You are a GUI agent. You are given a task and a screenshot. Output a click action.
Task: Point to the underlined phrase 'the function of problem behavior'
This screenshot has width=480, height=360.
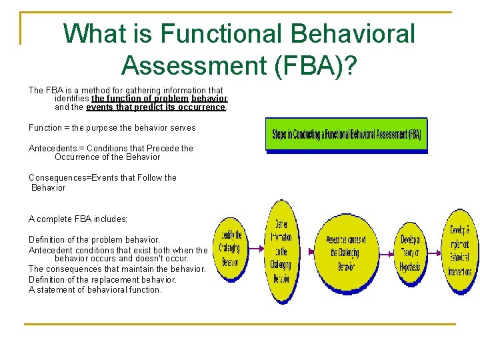(159, 99)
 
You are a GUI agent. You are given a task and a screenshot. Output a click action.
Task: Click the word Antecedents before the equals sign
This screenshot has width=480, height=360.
(55, 148)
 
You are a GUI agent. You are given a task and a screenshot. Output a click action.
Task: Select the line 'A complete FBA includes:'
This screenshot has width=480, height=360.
(78, 219)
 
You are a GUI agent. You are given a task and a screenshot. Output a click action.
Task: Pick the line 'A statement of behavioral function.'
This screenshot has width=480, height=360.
(95, 289)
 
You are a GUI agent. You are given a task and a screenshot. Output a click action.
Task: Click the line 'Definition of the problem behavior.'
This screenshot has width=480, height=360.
(94, 239)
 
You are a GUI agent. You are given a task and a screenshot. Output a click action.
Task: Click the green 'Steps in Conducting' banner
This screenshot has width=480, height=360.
(346, 135)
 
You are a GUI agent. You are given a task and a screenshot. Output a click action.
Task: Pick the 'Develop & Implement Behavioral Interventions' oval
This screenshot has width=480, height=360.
(459, 251)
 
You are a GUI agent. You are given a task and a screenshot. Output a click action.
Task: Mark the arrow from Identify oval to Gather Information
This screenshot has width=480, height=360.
(255, 252)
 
